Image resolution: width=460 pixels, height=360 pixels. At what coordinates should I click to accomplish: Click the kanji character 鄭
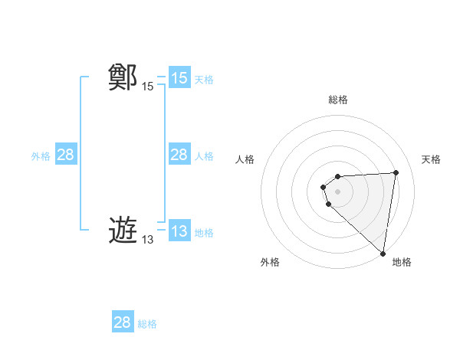click(x=123, y=78)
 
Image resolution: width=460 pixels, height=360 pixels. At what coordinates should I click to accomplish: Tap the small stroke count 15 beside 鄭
click(x=147, y=87)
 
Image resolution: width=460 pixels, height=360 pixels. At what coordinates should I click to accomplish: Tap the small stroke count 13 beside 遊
click(x=147, y=240)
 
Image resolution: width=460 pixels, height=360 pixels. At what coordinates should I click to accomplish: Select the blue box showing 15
click(x=179, y=78)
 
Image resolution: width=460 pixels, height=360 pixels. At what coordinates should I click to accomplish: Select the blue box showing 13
click(x=179, y=231)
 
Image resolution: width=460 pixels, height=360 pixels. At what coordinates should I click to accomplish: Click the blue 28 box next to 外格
click(x=65, y=155)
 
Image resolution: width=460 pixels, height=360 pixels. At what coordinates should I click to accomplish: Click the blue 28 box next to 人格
click(x=179, y=155)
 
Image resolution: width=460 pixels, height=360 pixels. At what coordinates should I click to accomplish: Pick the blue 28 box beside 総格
click(x=123, y=322)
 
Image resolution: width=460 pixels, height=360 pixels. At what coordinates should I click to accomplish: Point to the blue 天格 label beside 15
click(x=204, y=79)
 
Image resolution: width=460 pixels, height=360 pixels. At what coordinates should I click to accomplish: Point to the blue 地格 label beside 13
click(x=204, y=232)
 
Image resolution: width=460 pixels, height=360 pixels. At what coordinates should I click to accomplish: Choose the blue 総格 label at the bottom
click(x=147, y=323)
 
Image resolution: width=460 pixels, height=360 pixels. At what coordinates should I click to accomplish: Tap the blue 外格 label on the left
click(x=41, y=155)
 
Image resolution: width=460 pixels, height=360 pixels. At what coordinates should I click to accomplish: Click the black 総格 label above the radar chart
click(x=338, y=100)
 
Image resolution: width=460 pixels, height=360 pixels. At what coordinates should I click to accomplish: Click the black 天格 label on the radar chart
click(x=431, y=159)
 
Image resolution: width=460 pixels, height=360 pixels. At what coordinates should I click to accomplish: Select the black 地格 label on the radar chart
click(x=402, y=262)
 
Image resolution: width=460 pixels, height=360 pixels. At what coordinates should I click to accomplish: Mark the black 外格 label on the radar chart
click(x=270, y=262)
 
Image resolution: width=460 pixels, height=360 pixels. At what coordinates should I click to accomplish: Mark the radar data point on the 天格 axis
click(x=396, y=172)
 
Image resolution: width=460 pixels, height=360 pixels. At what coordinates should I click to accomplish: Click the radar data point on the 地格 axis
click(x=383, y=254)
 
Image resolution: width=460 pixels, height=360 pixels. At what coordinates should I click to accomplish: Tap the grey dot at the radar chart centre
click(x=338, y=191)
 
